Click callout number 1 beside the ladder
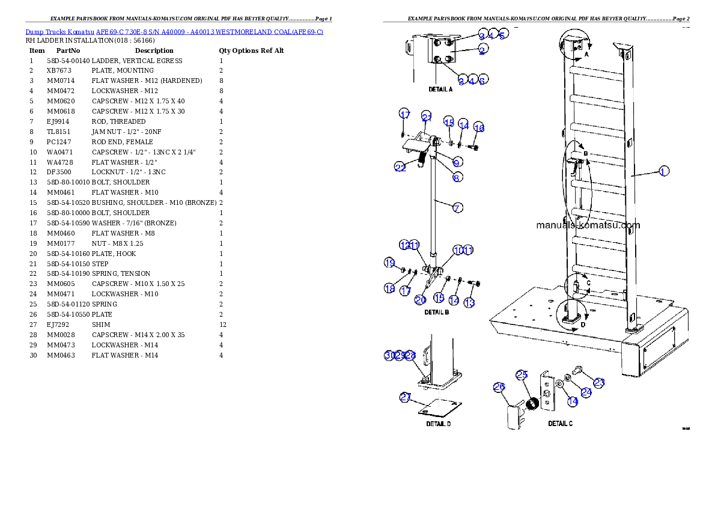(662, 171)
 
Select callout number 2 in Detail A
(482, 50)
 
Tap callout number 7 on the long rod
(457, 208)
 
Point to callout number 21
(427, 117)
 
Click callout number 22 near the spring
(401, 168)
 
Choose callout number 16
(479, 127)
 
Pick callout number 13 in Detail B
(469, 302)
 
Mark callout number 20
(421, 299)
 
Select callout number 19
(390, 263)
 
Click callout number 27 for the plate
(406, 397)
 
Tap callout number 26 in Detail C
(499, 388)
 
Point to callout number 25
(522, 375)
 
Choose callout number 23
(599, 382)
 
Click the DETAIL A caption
(440, 90)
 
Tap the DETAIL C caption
(560, 424)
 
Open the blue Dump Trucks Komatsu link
(174, 31)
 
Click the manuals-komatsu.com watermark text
(588, 226)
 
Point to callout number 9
(457, 162)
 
